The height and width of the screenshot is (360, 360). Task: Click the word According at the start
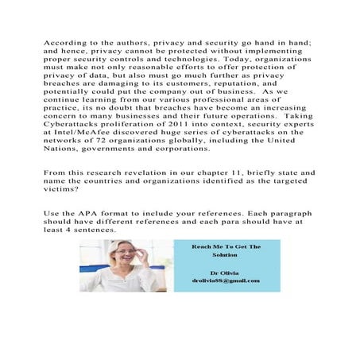tap(64, 40)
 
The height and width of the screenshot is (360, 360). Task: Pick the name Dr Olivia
tap(226, 272)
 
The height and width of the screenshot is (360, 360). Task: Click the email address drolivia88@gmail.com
tap(226, 281)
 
